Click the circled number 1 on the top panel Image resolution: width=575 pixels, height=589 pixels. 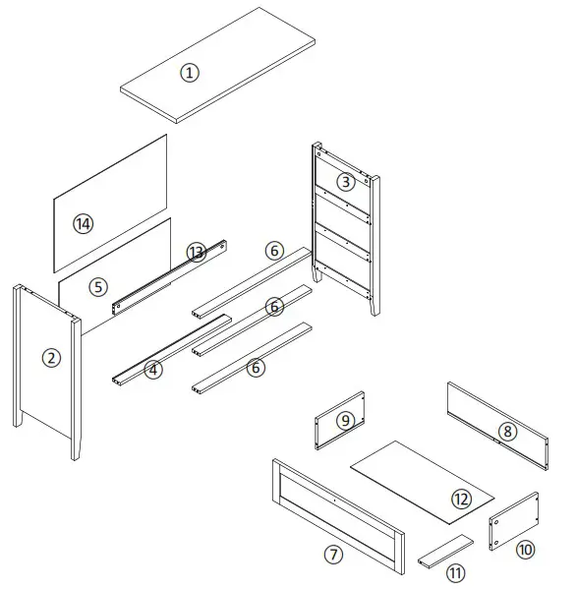190,72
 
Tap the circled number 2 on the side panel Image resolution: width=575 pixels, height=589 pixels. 51,358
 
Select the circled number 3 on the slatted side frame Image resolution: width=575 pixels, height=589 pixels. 345,181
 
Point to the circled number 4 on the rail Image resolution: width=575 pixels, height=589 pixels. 152,370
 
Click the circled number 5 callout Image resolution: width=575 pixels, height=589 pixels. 96,287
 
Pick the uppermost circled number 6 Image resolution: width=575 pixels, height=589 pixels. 274,251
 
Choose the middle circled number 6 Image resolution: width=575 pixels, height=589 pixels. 274,307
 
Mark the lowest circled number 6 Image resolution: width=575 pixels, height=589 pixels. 256,368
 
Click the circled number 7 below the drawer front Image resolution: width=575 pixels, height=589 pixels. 334,556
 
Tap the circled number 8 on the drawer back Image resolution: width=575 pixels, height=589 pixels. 506,431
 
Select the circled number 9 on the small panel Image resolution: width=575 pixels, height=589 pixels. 344,420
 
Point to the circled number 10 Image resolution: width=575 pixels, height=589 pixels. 525,549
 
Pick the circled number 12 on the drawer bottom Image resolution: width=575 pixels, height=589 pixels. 462,498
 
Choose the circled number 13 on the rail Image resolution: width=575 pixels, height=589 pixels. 196,253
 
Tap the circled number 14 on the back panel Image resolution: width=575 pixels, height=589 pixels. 83,223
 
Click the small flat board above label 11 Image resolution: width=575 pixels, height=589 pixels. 444,551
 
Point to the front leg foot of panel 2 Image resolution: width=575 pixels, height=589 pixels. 75,453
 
